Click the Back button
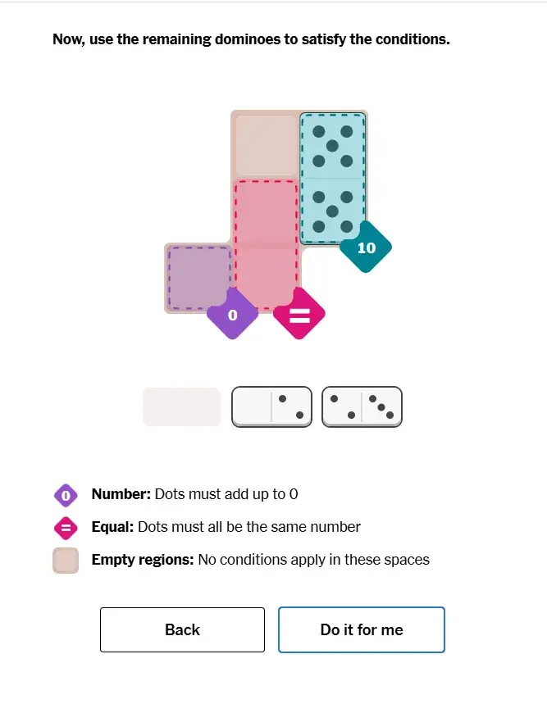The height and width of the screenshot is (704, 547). click(182, 629)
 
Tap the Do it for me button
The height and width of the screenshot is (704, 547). click(362, 629)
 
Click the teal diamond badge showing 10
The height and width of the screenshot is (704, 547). click(366, 247)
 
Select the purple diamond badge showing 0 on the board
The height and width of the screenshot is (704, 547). click(232, 314)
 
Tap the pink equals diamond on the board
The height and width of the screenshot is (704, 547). click(299, 314)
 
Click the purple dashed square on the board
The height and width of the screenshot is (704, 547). click(199, 278)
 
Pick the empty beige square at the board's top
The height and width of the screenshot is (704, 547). click(266, 145)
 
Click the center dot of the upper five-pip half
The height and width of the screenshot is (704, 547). click(332, 146)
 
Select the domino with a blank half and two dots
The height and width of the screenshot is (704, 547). click(271, 407)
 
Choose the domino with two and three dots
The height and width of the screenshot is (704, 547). click(362, 407)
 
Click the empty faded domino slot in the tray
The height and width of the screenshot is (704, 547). click(181, 407)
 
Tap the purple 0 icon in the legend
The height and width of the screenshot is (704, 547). click(66, 495)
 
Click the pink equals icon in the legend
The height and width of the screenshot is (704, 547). click(66, 528)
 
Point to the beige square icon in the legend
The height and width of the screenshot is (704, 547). click(66, 561)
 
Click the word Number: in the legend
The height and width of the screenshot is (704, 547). click(121, 494)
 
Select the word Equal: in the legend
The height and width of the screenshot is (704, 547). click(112, 527)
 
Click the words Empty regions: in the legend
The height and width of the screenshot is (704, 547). click(143, 560)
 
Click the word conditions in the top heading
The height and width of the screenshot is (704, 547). click(413, 39)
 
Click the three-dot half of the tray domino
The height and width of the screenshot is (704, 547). click(381, 407)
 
